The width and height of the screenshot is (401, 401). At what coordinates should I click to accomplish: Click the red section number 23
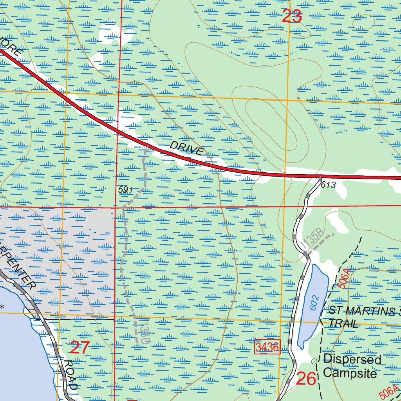(x=292, y=16)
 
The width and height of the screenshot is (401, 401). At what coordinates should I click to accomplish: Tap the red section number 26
(x=306, y=379)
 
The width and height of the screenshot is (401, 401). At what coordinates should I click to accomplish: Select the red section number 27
(x=80, y=347)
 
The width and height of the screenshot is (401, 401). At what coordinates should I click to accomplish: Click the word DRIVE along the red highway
(x=187, y=148)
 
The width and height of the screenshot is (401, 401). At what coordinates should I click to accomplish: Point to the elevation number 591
(x=126, y=190)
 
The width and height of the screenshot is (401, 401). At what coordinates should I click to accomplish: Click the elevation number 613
(x=328, y=185)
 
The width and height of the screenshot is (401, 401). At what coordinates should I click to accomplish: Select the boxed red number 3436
(x=268, y=347)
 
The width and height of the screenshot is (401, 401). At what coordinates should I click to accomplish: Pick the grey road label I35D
(x=144, y=331)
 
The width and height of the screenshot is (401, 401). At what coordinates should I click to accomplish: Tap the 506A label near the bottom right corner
(x=389, y=390)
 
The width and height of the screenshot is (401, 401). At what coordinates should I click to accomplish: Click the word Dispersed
(x=352, y=359)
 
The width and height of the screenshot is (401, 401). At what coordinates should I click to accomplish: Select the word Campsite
(x=350, y=373)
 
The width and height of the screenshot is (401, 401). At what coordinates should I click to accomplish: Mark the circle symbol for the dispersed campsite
(x=314, y=361)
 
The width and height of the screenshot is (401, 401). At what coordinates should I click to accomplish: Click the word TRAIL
(x=343, y=323)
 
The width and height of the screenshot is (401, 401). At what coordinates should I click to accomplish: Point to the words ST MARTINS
(x=360, y=311)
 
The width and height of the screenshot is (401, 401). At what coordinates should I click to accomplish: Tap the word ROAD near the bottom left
(x=70, y=375)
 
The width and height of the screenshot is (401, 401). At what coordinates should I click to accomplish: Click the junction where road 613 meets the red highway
(x=320, y=177)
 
